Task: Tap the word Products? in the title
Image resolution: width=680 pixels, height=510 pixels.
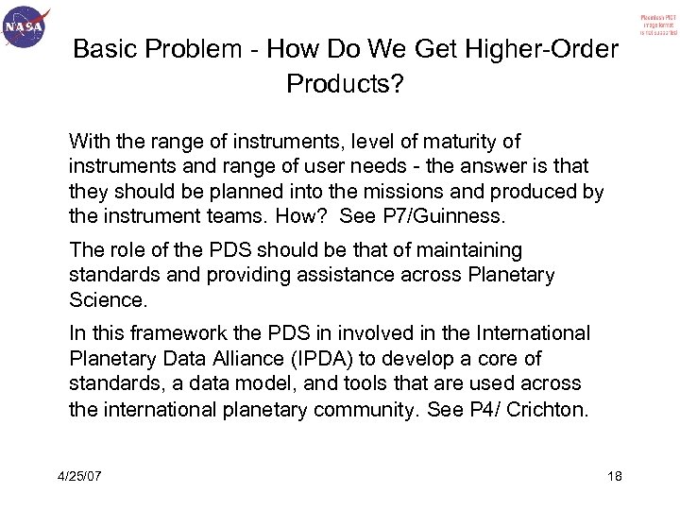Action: pyautogui.click(x=345, y=86)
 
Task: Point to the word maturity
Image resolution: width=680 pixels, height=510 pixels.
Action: pyautogui.click(x=451, y=143)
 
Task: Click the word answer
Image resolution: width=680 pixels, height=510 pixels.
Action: pyautogui.click(x=467, y=165)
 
